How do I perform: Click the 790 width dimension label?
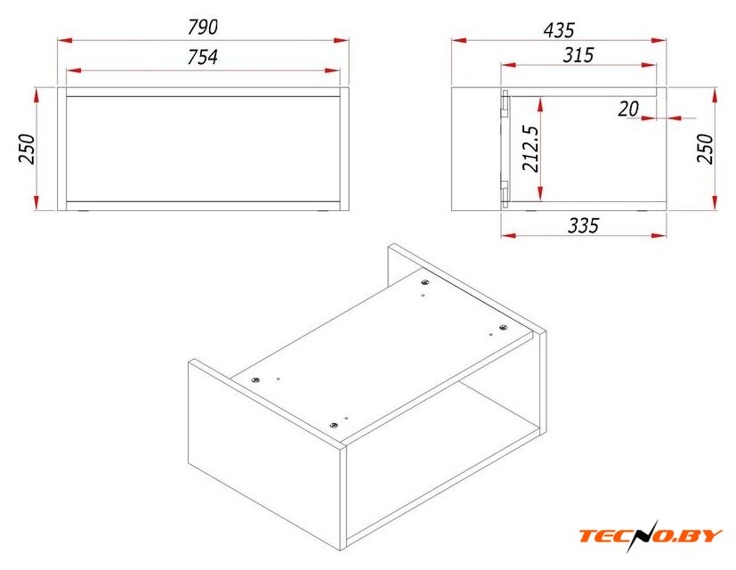pos(203,28)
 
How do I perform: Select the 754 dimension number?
pos(203,57)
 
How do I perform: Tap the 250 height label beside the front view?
pos(28,149)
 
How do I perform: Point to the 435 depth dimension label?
pos(559,30)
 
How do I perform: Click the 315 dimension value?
pos(578,55)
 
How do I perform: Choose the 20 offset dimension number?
pos(628,109)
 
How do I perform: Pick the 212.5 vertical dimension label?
pos(531,149)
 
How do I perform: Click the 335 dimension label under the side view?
pos(584,225)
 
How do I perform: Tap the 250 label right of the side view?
pos(705,149)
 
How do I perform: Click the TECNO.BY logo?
pos(650,535)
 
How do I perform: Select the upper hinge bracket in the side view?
pos(505,103)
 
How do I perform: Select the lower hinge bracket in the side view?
pos(505,193)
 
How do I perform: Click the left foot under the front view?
pos(84,212)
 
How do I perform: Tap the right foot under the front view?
pos(323,212)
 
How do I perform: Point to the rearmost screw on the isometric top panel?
pos(425,282)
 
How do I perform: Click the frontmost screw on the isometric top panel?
pos(334,425)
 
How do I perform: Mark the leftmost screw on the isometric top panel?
pos(255,379)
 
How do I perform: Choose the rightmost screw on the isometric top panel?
pos(503,327)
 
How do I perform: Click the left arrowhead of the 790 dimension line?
pos(65,41)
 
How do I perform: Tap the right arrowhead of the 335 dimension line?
pos(659,235)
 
